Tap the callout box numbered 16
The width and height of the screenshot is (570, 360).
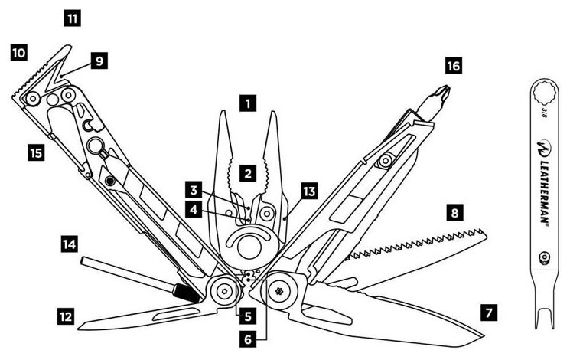[x=453, y=67]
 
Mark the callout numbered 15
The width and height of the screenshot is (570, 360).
[x=34, y=153]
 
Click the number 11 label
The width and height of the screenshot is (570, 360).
[x=72, y=17]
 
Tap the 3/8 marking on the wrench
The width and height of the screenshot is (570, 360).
[x=544, y=111]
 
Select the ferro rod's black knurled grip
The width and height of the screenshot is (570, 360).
[x=181, y=292]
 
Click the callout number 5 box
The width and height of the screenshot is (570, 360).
[x=246, y=313]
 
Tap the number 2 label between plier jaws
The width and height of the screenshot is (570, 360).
[x=246, y=173]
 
